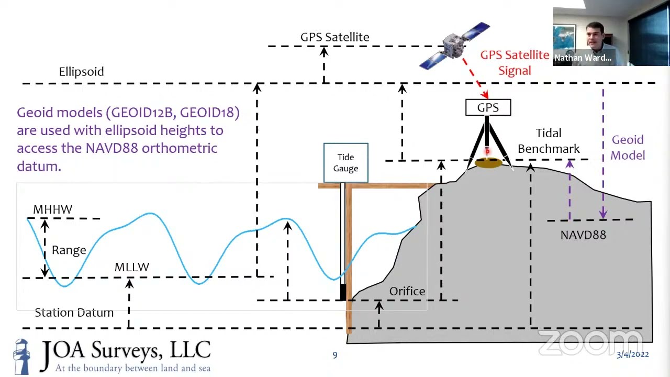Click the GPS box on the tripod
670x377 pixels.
488,108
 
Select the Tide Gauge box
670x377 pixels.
345,163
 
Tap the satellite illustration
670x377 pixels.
454,46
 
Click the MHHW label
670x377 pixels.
52,209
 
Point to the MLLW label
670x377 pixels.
132,267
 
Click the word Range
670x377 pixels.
69,250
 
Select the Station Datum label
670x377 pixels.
74,313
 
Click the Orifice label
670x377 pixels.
407,291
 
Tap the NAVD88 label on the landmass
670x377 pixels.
583,235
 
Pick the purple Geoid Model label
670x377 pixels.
628,148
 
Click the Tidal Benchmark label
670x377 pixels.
549,141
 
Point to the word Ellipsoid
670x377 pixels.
81,72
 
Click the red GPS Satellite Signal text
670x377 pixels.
515,63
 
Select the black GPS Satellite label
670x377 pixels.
334,37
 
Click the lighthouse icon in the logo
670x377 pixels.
21,356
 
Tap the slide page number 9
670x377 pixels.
335,356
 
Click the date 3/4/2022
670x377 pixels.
632,354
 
